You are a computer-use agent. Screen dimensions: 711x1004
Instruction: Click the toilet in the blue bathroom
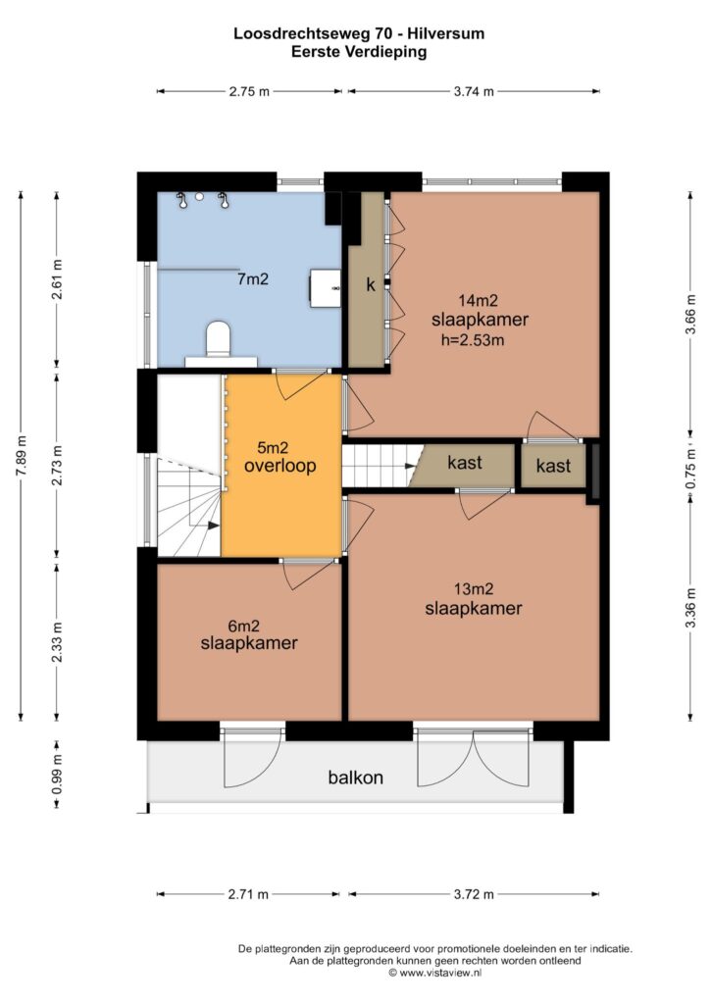218,338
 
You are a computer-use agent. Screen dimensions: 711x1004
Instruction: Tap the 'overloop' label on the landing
279,466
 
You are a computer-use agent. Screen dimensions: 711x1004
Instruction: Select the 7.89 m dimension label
22,455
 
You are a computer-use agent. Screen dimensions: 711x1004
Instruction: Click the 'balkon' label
355,778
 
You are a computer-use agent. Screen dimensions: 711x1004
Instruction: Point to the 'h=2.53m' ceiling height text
473,340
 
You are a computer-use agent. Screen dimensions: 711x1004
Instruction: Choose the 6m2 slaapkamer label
249,635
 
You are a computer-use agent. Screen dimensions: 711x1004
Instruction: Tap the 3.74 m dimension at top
474,91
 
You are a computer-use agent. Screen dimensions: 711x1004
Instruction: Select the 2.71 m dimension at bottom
248,894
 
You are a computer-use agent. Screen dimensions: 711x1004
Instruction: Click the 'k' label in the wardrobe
371,285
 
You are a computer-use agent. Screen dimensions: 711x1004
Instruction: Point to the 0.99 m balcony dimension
57,774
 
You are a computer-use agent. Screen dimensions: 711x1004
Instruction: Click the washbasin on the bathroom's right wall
326,288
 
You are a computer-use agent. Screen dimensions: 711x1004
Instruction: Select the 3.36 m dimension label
690,608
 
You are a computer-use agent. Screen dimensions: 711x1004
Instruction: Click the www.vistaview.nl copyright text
434,973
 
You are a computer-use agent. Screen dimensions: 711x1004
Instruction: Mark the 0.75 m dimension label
690,469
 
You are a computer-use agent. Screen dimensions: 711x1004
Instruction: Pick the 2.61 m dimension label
57,279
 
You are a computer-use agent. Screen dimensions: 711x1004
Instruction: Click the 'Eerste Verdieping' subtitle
359,52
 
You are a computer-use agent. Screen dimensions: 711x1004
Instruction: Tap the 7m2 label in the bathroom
252,279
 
